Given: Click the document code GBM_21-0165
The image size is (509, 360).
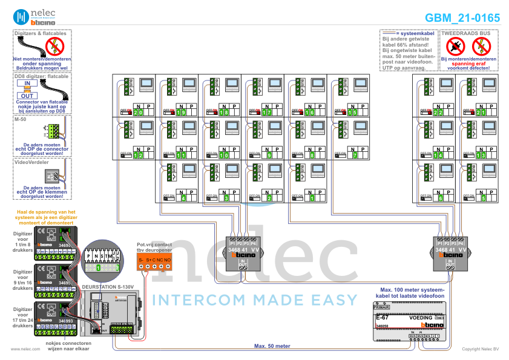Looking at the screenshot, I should click(462, 18).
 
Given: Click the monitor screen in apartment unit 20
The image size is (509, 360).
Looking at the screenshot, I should click(147, 84).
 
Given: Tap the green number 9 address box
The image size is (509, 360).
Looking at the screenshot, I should click(268, 155).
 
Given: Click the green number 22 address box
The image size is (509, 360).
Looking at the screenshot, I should click(439, 113).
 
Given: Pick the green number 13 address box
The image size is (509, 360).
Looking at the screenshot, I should click(482, 155).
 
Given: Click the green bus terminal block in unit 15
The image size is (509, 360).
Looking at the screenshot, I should click(342, 87).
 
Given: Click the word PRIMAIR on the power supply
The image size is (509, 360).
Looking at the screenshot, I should click(383, 307).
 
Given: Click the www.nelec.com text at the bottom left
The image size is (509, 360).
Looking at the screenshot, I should click(22, 349).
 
